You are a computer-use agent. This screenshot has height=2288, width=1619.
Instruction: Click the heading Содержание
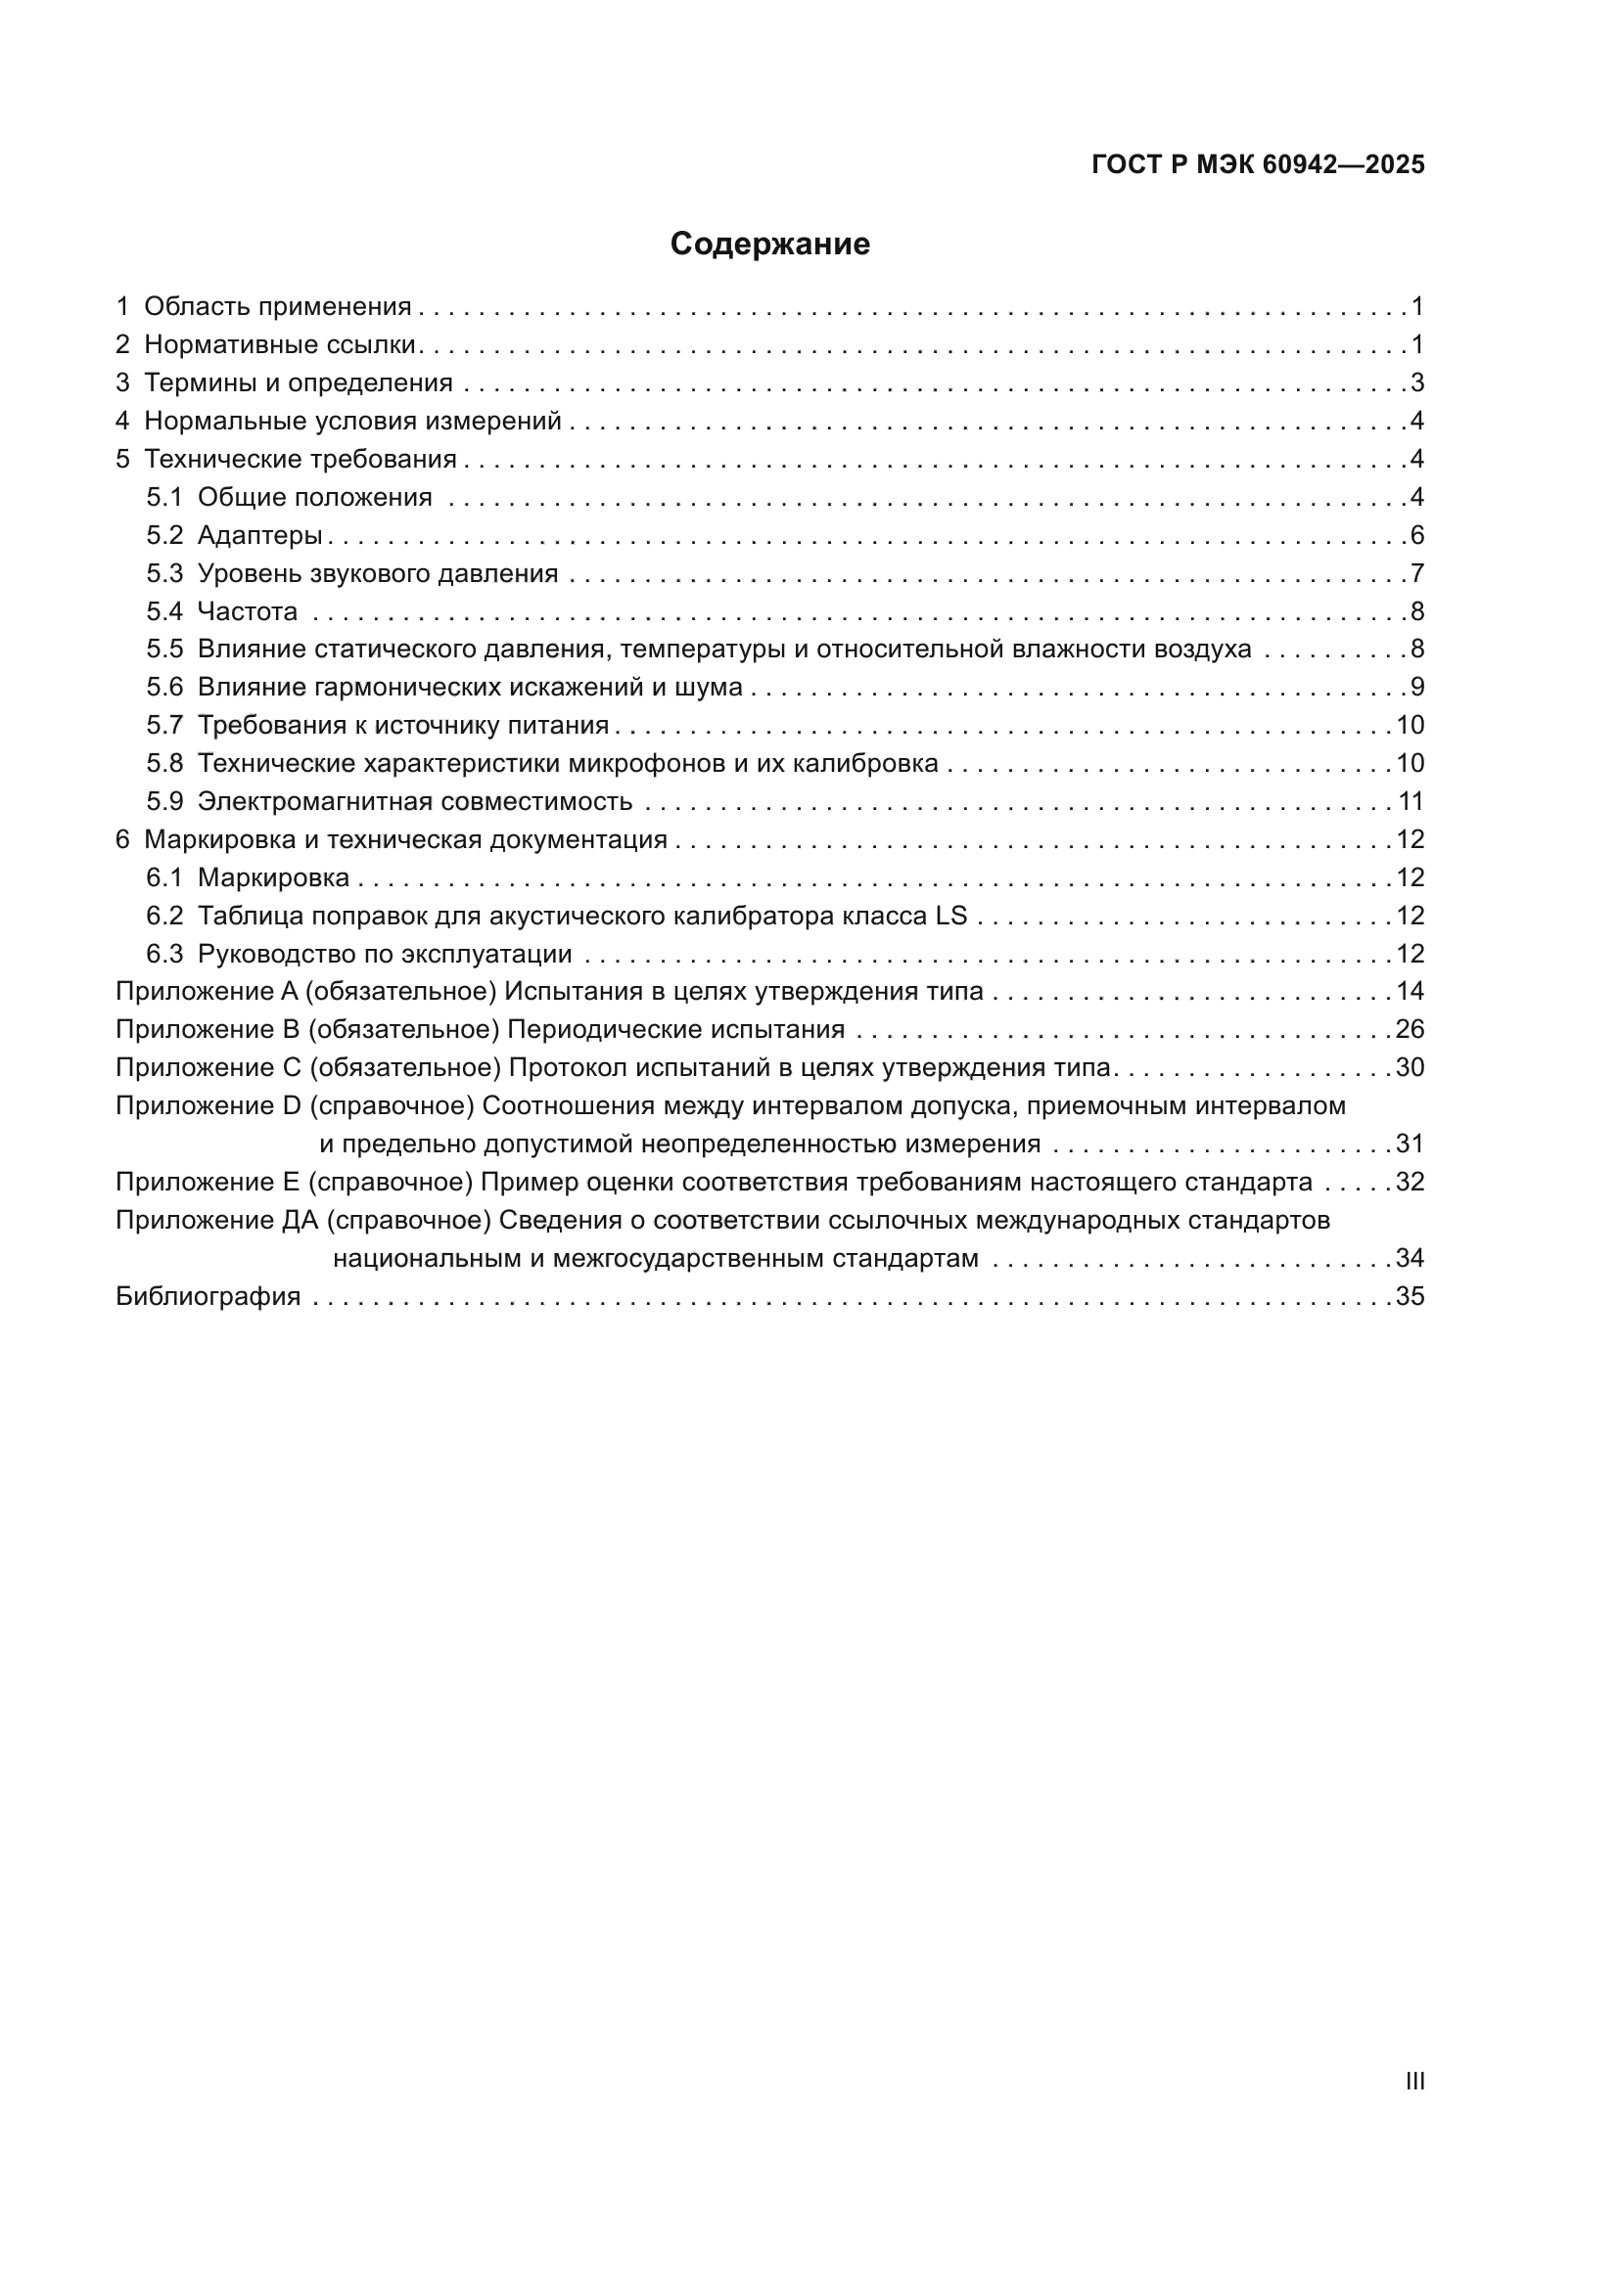[x=769, y=245]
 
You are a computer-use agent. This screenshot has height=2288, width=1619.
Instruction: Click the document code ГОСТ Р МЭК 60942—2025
[x=1258, y=165]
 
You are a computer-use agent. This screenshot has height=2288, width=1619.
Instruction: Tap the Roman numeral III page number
[x=1414, y=2082]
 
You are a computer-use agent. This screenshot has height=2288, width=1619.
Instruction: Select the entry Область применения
[x=277, y=307]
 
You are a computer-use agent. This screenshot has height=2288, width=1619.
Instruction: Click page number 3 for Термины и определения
[x=1416, y=382]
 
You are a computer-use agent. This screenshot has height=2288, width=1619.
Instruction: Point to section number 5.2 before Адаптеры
[x=164, y=535]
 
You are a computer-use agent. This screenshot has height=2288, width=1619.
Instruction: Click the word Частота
[x=248, y=611]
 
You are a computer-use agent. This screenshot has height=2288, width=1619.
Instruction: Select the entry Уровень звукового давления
[x=377, y=574]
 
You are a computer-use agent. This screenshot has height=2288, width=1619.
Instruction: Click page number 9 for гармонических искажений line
[x=1416, y=688]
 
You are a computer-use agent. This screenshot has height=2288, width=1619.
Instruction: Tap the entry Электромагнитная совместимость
[x=415, y=802]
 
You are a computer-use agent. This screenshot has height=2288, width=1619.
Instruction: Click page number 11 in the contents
[x=1410, y=802]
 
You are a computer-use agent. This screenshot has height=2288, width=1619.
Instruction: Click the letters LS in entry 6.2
[x=951, y=916]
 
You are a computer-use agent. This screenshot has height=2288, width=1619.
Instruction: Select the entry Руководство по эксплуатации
[x=384, y=955]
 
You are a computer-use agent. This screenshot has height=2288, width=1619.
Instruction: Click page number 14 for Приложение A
[x=1410, y=992]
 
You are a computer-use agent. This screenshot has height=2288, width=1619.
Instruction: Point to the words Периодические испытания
[x=676, y=1029]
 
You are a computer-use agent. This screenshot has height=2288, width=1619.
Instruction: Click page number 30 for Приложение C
[x=1410, y=1068]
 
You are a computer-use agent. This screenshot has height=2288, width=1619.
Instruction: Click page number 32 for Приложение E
[x=1410, y=1182]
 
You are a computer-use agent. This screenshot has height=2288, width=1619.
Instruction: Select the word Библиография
[x=208, y=1296]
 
